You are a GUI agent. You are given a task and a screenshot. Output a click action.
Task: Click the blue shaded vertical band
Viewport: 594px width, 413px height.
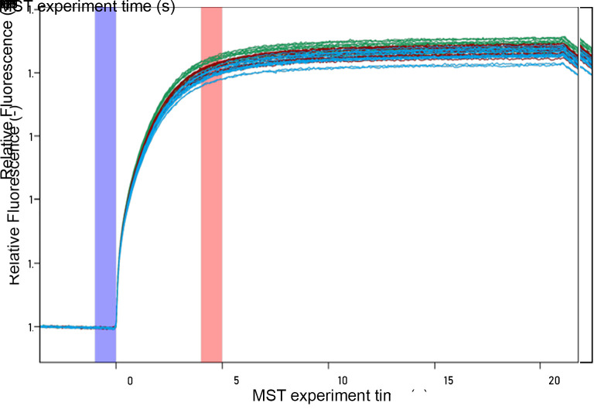(x=105, y=186)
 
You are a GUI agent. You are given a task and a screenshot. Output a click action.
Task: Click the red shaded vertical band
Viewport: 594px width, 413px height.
(x=211, y=186)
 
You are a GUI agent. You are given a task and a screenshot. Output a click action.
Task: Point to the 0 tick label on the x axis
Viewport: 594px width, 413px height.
(x=129, y=381)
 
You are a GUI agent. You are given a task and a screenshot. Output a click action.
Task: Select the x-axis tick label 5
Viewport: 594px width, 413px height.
(x=235, y=381)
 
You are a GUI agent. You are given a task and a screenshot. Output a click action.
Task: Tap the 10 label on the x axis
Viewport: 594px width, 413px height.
(x=341, y=381)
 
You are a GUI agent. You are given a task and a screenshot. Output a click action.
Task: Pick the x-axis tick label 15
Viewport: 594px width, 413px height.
(x=447, y=381)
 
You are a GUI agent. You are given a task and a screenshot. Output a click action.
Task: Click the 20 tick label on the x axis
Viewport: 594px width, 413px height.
(x=553, y=381)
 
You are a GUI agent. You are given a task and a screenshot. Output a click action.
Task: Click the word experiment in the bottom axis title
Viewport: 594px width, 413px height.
(x=329, y=395)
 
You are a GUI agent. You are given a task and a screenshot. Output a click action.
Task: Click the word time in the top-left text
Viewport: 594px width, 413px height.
(x=128, y=9)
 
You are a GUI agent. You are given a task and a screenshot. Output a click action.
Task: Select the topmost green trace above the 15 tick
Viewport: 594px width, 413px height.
(x=447, y=41)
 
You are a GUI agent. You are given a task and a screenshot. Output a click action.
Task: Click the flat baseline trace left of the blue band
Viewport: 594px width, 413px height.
(x=66, y=326)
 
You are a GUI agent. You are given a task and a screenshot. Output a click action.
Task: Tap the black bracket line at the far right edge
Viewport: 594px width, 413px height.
(x=592, y=186)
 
